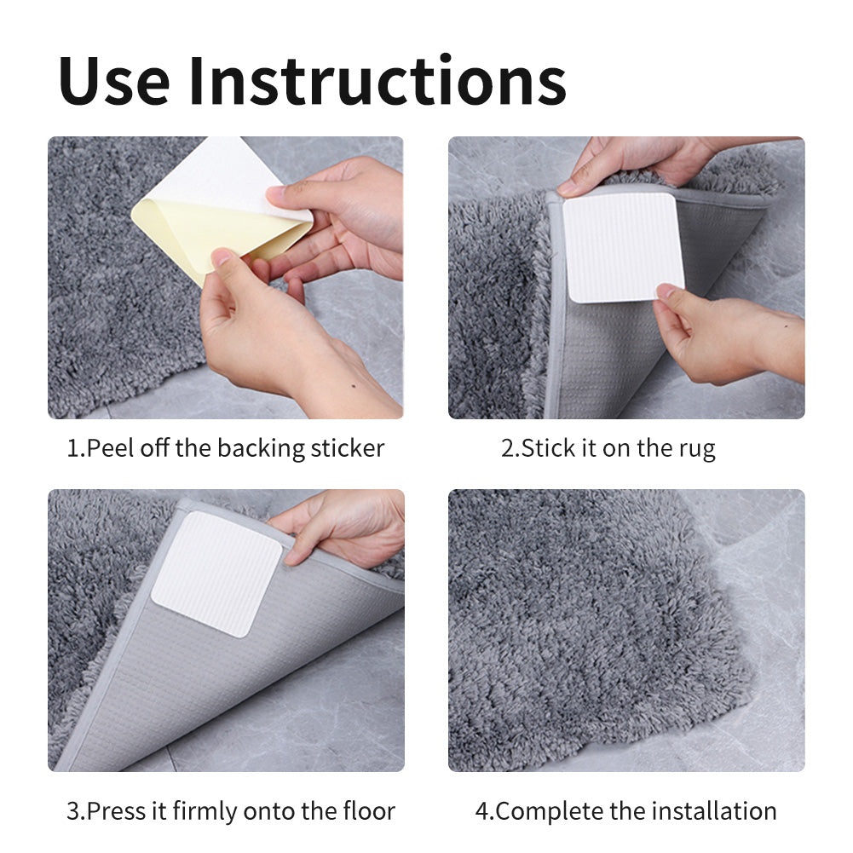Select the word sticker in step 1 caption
(348, 448)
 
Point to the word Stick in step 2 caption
(549, 448)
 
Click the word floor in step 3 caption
(368, 810)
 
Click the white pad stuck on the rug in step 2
(623, 247)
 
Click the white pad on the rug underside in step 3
(217, 573)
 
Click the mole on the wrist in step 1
(354, 387)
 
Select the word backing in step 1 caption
(261, 449)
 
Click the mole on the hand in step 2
(786, 327)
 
